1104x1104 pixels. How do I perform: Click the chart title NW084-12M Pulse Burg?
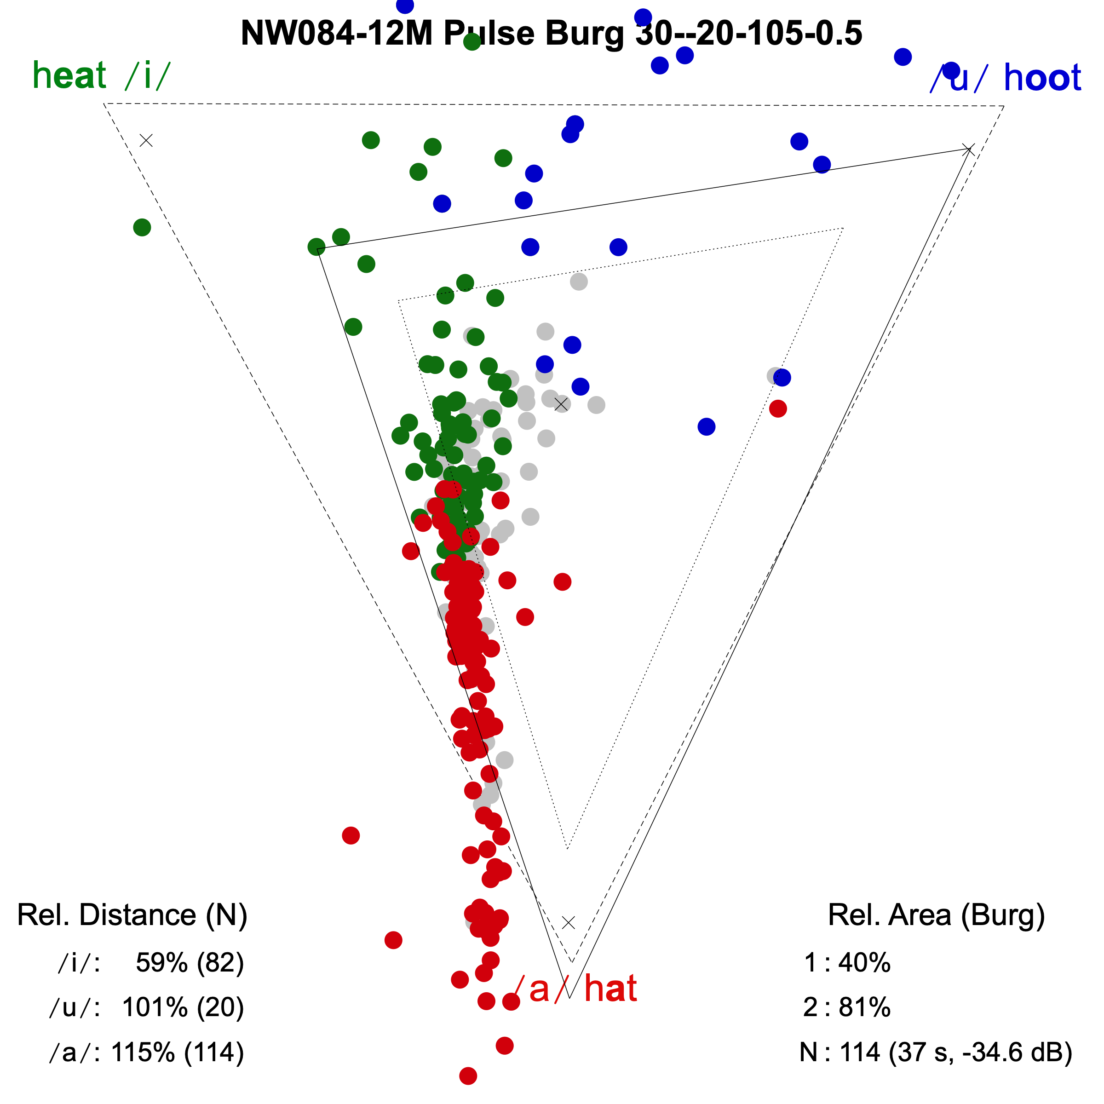(551, 33)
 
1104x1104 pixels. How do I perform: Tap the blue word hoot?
(1042, 78)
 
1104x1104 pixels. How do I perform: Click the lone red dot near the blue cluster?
(778, 408)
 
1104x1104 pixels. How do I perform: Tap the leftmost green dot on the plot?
(142, 227)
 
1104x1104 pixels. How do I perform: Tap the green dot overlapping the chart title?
(472, 42)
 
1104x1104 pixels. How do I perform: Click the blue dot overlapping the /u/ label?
(951, 70)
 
